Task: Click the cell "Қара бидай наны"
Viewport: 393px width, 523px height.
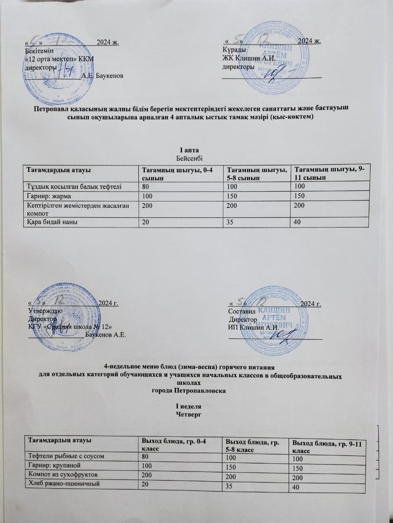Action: [x=53, y=222]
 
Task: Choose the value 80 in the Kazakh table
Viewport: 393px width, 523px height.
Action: [x=145, y=186]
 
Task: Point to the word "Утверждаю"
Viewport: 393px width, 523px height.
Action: [x=45, y=311]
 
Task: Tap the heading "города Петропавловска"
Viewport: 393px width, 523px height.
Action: [x=189, y=391]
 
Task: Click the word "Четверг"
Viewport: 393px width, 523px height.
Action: [x=189, y=415]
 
